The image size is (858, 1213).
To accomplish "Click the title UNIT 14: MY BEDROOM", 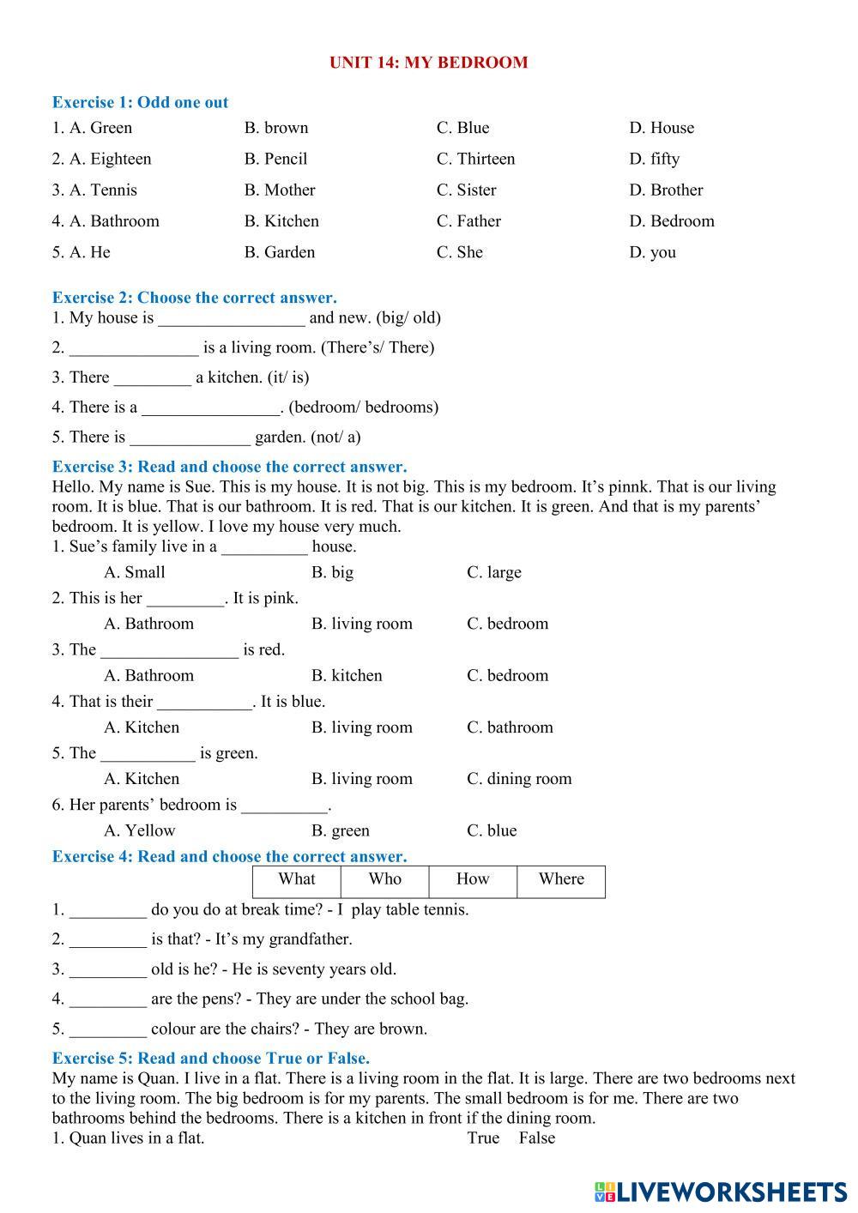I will pos(428,63).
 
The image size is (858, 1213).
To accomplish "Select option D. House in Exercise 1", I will pos(662,128).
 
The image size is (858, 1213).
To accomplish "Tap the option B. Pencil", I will pos(275,159).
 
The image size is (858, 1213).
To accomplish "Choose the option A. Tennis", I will pos(94,190).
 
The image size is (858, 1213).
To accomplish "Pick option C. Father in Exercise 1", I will pos(468,221).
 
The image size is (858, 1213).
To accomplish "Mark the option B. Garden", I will pos(280,252).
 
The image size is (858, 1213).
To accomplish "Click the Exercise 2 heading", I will pos(194,298).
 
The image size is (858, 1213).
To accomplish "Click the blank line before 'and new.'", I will pos(232,319).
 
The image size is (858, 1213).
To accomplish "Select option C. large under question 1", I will pos(494,572).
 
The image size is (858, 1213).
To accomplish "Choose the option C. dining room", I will pos(519,779).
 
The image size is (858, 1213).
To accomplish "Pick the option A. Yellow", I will pos(139,830).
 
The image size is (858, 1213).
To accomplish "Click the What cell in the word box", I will pos(297,879).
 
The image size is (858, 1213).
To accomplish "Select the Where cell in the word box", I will pos(561,879).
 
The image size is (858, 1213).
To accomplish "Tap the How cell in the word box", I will pos(473,879).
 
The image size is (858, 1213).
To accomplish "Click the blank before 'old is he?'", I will pos(108,971).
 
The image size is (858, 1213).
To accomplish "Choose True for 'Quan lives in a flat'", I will pos(483,1138).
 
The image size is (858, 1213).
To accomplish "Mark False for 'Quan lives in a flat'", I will pos(537,1138).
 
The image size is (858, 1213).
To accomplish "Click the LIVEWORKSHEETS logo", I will pos(720,1192).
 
